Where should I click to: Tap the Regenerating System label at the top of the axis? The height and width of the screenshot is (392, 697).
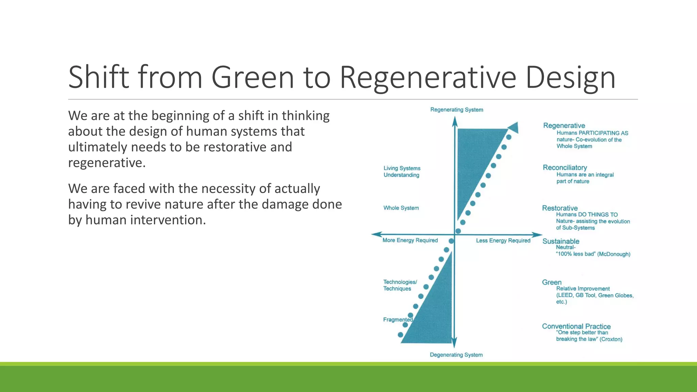(456, 110)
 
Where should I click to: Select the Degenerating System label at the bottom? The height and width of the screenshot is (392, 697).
(456, 355)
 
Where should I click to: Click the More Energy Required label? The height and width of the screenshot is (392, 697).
(410, 240)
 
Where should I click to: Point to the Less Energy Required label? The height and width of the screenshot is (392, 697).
(503, 241)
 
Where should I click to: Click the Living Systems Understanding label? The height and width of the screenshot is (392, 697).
(402, 171)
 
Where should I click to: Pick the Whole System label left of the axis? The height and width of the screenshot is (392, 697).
(401, 208)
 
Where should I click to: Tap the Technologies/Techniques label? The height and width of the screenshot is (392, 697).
(400, 285)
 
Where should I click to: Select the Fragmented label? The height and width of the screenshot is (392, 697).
(398, 320)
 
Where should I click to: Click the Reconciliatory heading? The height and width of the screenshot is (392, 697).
(565, 167)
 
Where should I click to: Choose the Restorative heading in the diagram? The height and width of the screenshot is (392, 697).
(560, 208)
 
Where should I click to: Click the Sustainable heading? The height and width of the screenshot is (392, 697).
(561, 241)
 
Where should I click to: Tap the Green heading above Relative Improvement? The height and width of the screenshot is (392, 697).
(551, 282)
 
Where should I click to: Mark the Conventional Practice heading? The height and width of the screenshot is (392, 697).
(576, 326)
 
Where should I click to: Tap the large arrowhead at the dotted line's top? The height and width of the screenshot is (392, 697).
(514, 127)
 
